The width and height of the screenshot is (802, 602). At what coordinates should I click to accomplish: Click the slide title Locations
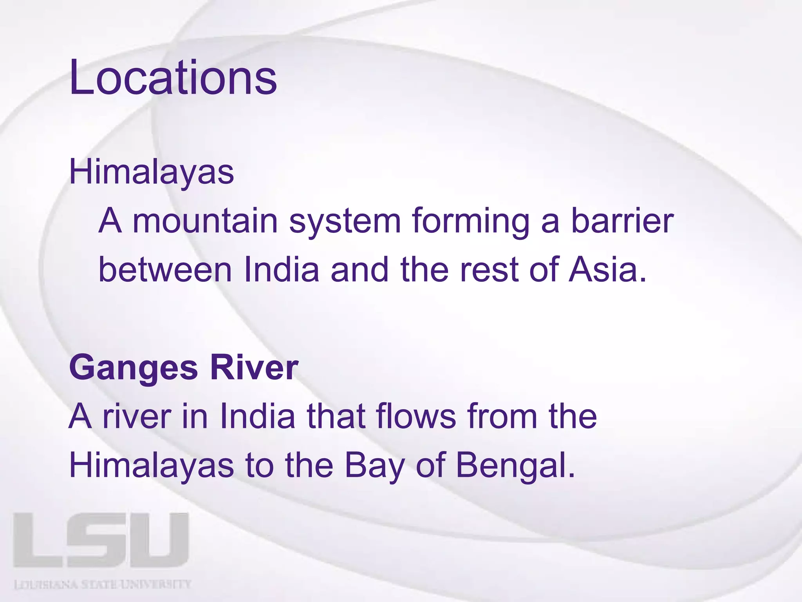coord(173,77)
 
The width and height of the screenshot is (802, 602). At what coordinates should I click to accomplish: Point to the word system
coord(345,221)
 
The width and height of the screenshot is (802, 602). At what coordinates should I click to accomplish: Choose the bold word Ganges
coord(134,368)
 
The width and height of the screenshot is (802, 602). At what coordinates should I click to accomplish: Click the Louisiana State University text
coord(103,584)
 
